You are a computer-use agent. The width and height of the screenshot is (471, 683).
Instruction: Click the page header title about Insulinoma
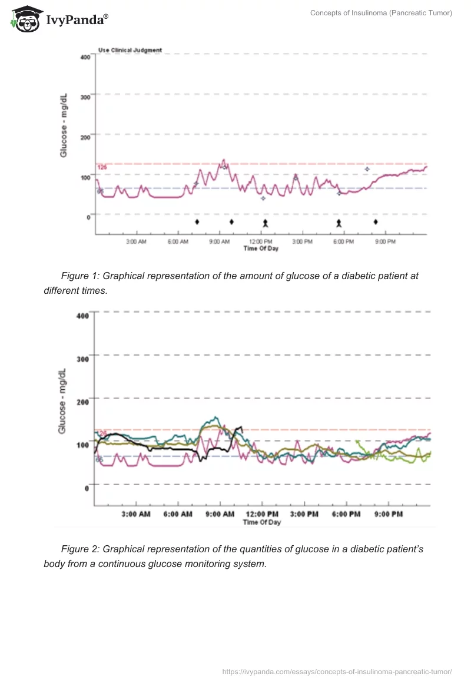(381, 13)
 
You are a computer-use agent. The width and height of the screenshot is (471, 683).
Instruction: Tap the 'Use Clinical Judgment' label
(130, 50)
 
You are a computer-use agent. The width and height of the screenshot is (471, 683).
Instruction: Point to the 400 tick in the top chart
(85, 57)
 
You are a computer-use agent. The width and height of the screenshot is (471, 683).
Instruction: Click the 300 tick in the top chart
(85, 97)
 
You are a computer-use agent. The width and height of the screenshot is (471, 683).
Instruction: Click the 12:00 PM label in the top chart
(261, 242)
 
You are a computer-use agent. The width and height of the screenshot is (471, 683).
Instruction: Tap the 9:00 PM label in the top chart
(385, 242)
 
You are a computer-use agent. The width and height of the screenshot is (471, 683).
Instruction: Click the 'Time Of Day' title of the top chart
(261, 248)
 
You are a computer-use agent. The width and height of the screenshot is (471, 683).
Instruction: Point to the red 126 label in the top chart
(102, 167)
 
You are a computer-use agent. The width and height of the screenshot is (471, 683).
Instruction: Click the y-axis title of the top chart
(64, 124)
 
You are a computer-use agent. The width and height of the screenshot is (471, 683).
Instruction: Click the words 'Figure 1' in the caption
(81, 276)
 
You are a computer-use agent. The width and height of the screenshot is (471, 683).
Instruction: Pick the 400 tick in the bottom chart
(82, 316)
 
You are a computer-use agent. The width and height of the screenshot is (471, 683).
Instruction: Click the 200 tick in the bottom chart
(82, 402)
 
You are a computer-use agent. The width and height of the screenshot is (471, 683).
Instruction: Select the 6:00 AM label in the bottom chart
(178, 514)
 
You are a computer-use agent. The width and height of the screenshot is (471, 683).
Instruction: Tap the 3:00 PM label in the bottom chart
(304, 514)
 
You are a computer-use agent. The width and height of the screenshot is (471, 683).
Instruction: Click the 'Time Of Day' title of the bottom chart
(262, 522)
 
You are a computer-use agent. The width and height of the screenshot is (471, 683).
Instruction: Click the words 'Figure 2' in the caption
(81, 549)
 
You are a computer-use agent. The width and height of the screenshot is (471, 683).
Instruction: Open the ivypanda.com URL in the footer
(337, 671)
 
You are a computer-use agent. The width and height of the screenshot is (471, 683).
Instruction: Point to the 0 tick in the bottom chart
(86, 488)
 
